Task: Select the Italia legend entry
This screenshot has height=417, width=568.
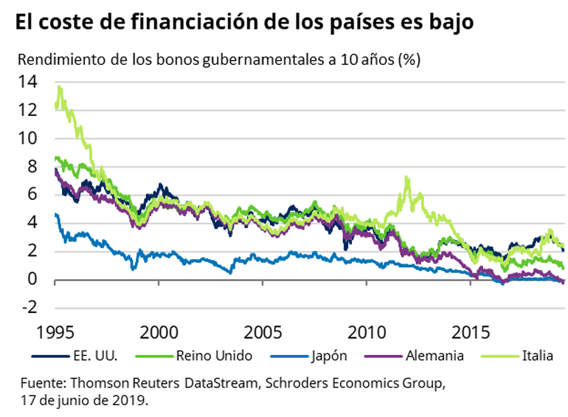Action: point(538,356)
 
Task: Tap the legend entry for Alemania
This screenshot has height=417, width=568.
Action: point(434,356)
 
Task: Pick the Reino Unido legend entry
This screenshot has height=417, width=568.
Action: point(214,356)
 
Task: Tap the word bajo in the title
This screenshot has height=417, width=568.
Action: point(449,23)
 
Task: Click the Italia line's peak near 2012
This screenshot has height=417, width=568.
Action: point(406,177)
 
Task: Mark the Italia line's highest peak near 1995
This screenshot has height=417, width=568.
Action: point(59,86)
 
